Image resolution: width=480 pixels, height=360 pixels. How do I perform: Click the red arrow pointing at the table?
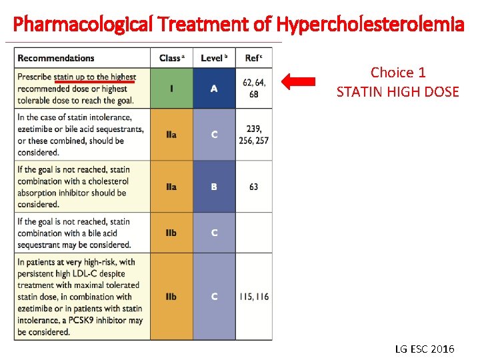coord(298,82)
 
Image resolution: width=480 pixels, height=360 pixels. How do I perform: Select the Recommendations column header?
coord(56,58)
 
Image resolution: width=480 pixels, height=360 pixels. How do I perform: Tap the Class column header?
coord(171,58)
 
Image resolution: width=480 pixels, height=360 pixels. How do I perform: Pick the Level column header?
coord(213,58)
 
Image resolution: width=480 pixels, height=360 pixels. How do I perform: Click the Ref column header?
coord(253,58)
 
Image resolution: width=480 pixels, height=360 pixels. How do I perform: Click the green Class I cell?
coord(171,88)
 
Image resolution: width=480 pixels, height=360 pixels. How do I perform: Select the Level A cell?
coord(214,88)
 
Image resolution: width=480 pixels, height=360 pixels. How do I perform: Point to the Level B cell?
coord(214,187)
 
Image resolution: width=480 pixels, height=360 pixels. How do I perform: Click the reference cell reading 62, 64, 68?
coord(254,88)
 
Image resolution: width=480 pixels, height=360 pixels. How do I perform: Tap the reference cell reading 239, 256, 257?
coord(254,135)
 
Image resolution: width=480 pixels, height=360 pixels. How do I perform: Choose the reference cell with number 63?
coord(254,187)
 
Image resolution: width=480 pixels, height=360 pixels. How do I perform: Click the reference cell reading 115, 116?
coord(254,297)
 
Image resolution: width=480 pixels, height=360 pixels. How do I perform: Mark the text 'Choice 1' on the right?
coord(398,73)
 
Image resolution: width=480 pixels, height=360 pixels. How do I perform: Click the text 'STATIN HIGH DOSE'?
coord(398,92)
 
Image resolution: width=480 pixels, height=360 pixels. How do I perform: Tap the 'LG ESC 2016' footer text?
coord(424,349)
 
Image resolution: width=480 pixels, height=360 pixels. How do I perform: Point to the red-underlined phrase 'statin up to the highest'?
coord(95,77)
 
